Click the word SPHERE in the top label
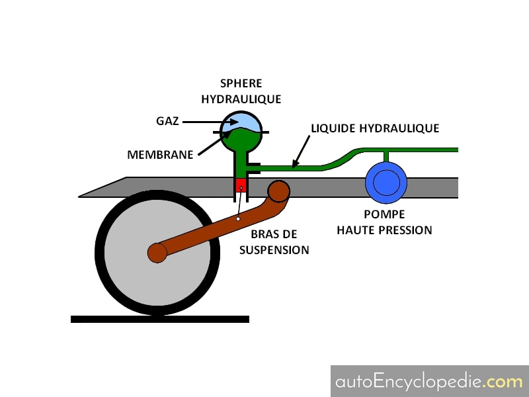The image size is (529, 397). (241, 83)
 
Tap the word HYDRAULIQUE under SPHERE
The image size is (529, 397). (241, 99)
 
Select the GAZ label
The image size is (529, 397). (167, 121)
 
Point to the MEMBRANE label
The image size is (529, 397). (160, 155)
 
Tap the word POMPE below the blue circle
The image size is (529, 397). (384, 214)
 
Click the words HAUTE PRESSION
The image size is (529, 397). (384, 230)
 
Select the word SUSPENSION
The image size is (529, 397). (274, 250)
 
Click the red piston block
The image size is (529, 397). (241, 185)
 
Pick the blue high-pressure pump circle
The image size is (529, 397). (386, 183)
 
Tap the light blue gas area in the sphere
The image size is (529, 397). (240, 122)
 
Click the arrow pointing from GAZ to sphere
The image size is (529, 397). (210, 122)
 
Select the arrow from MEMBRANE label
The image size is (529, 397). (215, 143)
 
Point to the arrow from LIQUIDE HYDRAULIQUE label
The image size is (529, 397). (301, 152)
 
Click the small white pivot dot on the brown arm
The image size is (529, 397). (238, 219)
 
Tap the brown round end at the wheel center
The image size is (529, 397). (157, 253)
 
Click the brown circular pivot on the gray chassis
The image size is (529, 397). (278, 191)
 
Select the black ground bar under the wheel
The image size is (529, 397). (160, 320)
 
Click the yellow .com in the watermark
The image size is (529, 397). (504, 382)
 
